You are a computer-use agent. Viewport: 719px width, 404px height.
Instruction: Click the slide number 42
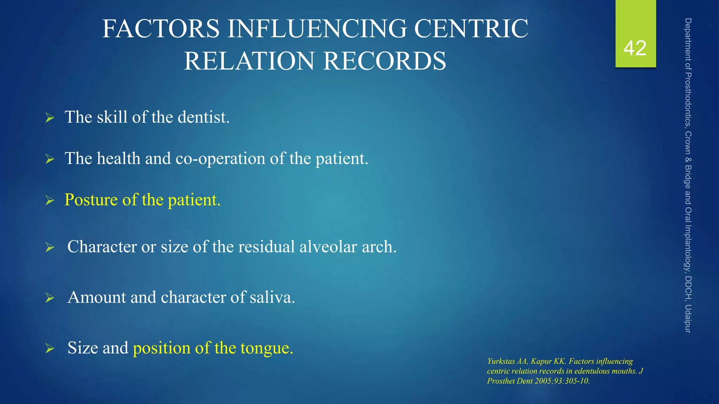point(635,48)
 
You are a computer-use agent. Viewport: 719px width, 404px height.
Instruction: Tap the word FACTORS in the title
point(161,29)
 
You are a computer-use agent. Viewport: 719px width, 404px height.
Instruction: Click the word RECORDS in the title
point(384,61)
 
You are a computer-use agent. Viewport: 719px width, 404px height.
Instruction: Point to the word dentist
point(203,117)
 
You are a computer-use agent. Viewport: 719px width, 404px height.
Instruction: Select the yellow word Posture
point(91,200)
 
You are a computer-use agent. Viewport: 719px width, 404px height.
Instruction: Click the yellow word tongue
point(266,348)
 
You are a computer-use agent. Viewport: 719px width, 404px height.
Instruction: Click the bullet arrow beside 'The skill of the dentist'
point(50,118)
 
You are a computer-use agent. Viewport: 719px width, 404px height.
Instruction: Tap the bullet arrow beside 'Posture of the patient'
point(50,201)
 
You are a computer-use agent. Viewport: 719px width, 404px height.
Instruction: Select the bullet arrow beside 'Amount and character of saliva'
point(50,298)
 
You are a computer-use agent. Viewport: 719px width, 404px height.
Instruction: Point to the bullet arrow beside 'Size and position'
point(50,349)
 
